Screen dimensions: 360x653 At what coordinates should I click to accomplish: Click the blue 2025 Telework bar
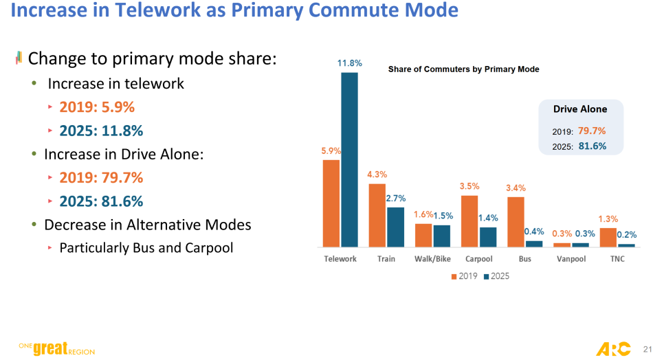pos(350,159)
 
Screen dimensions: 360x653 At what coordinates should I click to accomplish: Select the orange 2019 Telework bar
pos(331,203)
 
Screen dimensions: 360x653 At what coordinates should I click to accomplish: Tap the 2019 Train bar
pos(377,215)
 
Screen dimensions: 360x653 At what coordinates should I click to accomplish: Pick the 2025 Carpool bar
pos(488,236)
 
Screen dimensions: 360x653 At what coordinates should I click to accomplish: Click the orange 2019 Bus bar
pos(516,221)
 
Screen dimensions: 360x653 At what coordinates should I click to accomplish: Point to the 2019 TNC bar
pos(608,237)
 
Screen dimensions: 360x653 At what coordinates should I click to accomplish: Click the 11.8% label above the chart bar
pos(349,63)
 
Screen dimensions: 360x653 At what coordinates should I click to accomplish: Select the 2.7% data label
pos(396,199)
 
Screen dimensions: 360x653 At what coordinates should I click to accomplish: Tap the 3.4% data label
pos(517,188)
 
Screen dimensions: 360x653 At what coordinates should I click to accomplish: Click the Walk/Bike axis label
pos(432,259)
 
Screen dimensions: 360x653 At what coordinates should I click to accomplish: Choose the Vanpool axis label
pos(571,259)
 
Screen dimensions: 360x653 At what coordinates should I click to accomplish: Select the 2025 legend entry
pos(496,275)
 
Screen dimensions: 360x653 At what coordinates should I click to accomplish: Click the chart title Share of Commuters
pos(463,69)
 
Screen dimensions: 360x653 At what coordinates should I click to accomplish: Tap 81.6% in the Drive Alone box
pos(592,146)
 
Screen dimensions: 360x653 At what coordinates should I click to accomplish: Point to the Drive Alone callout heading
pos(580,109)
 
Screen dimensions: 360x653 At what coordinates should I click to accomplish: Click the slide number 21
pos(645,348)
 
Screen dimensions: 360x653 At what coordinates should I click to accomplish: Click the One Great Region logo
pos(56,349)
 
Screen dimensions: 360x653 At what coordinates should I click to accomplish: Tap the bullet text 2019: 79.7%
pos(101,178)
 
